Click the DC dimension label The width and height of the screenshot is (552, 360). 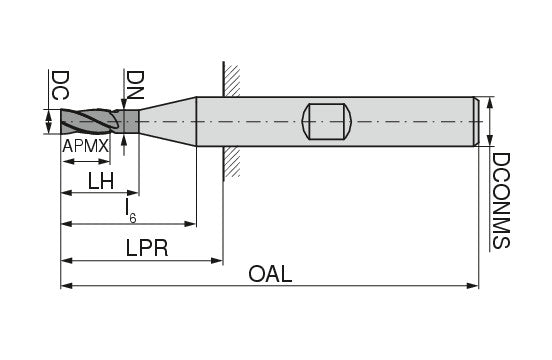click(x=60, y=85)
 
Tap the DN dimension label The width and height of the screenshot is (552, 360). click(x=135, y=85)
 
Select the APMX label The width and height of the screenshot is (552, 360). click(x=86, y=146)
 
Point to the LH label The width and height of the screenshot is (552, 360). click(x=101, y=182)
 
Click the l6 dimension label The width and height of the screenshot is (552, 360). click(x=131, y=211)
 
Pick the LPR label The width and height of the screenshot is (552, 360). click(x=147, y=248)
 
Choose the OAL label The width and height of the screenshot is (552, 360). click(x=270, y=274)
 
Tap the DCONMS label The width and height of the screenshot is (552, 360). click(x=500, y=201)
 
